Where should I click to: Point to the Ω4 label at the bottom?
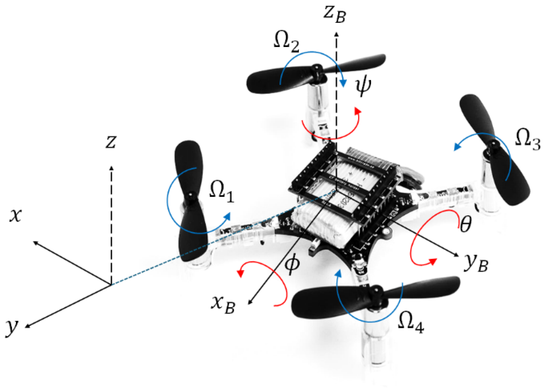(x=411, y=322)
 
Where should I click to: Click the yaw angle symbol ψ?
(x=363, y=85)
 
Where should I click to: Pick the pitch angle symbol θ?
(x=465, y=224)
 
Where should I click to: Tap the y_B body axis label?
(x=475, y=262)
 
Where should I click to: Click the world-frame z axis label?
(x=111, y=142)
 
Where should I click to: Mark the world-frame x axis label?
(x=15, y=216)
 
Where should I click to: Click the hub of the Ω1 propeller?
(x=192, y=195)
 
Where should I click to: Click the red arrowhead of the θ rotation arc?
(x=433, y=261)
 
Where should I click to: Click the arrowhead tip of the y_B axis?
(x=458, y=255)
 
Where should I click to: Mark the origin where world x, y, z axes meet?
(x=111, y=285)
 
